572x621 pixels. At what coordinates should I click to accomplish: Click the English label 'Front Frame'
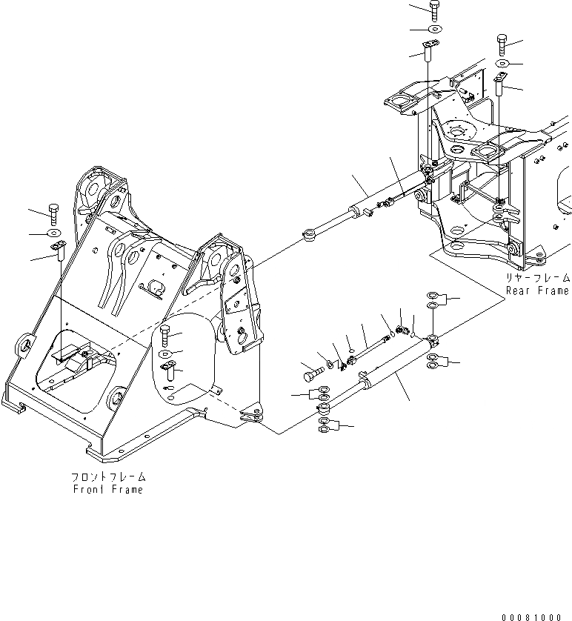[108, 489]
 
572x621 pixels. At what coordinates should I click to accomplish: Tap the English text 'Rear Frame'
[537, 290]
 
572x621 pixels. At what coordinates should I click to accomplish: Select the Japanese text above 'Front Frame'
[108, 477]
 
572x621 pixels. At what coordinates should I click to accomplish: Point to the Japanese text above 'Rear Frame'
[538, 278]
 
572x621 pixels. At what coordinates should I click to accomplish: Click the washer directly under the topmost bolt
[433, 30]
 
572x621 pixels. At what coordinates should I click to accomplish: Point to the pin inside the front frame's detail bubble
[167, 368]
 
